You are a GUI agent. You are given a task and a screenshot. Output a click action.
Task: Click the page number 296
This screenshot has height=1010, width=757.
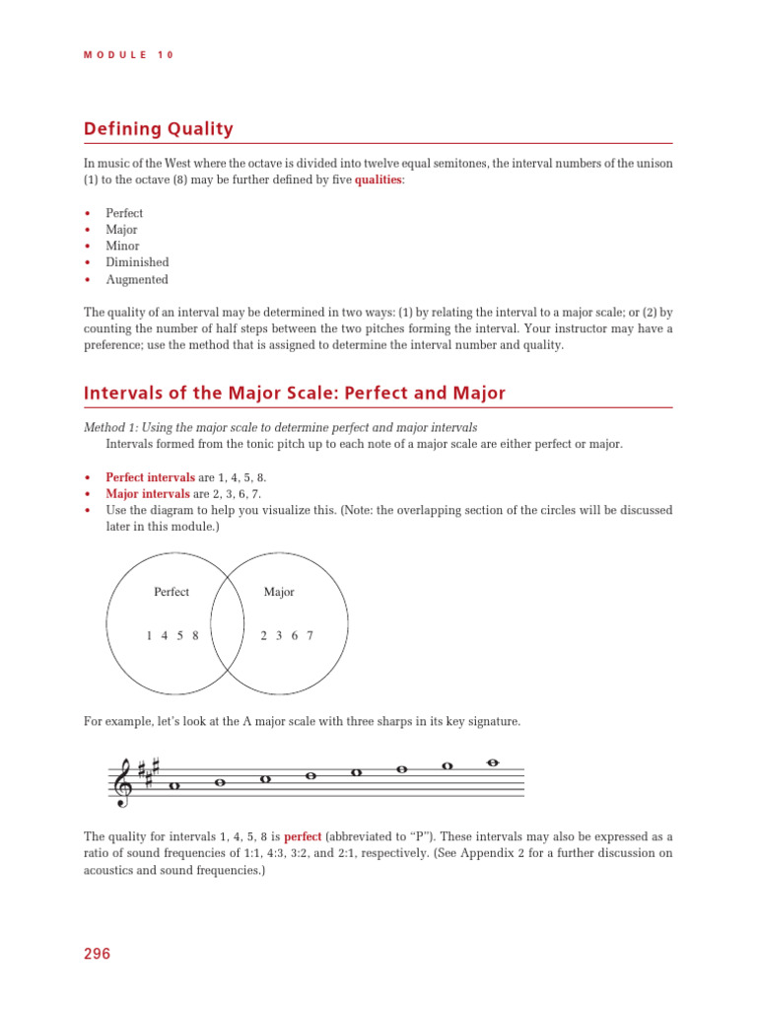tap(97, 954)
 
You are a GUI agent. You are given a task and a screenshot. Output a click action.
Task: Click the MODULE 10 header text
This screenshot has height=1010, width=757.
tap(128, 55)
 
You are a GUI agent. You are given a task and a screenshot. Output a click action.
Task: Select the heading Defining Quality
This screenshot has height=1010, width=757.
tap(158, 128)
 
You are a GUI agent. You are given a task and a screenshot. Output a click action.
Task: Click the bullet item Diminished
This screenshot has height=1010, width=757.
tap(137, 262)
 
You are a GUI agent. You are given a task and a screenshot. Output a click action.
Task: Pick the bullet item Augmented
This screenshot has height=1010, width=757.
tap(137, 279)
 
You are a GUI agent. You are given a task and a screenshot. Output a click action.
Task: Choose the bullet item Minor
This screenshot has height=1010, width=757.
tap(122, 246)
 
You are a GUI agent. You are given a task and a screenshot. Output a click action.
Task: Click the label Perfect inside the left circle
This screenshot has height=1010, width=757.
tap(172, 592)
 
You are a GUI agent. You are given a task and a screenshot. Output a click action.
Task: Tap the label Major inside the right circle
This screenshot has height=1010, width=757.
tap(279, 592)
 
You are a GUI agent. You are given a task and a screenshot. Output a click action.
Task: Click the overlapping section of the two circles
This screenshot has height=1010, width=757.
tap(228, 616)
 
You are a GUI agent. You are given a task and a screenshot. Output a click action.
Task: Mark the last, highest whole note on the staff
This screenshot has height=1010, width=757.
tap(493, 761)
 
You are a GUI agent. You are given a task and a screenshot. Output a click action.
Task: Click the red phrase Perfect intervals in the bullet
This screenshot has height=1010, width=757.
tap(150, 476)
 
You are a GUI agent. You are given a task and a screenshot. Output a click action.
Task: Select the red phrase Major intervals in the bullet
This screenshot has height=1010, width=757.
tap(145, 493)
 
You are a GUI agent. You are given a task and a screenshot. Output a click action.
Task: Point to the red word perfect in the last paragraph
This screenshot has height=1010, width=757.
tap(303, 836)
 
